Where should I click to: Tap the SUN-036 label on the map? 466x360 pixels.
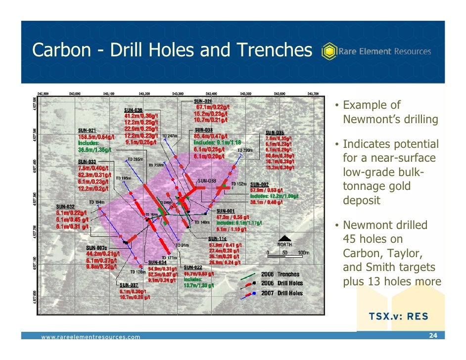[x=133, y=110]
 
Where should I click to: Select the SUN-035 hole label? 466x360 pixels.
[x=275, y=133]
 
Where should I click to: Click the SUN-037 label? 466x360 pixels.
[x=129, y=285]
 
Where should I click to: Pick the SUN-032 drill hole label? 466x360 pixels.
[x=65, y=206]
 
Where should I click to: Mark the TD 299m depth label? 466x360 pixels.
[x=245, y=151]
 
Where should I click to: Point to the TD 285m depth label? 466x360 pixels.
[x=135, y=159]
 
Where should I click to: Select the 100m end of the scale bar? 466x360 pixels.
[x=303, y=252]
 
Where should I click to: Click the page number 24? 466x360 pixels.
[x=433, y=336]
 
